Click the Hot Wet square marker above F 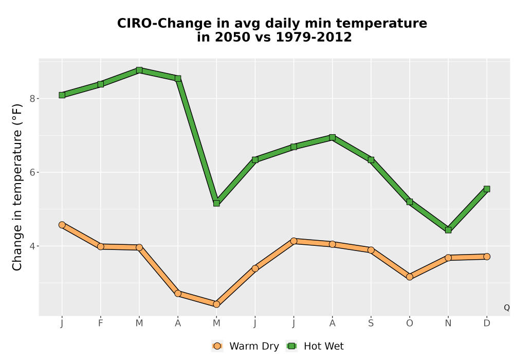(101, 84)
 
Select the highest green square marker (139, 70)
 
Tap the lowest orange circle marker (216, 304)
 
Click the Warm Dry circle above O (410, 277)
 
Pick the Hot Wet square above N (448, 230)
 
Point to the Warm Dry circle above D (487, 257)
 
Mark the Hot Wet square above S (371, 160)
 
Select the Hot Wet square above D (487, 189)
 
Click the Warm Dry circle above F (101, 246)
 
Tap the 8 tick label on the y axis (32, 99)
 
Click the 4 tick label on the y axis (32, 246)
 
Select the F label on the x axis (101, 323)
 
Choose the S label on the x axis (371, 323)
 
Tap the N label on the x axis (448, 323)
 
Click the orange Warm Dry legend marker (217, 346)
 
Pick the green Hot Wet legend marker (291, 346)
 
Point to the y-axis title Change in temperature (17, 187)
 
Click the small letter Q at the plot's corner (507, 308)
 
